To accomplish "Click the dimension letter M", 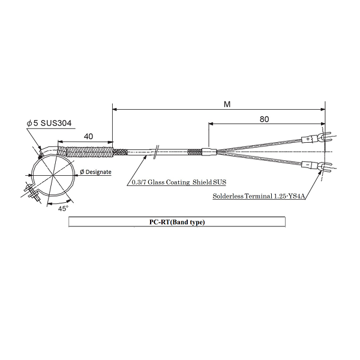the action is point(227,104).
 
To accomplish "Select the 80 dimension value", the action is point(264,119).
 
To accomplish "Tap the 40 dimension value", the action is point(88,136).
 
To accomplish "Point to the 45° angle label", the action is point(63,209).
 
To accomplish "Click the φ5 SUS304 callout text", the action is point(49,123).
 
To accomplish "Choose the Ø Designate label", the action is point(95,172).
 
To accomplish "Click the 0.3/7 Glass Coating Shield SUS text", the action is point(179,182).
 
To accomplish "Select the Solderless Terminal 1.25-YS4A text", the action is point(259,196).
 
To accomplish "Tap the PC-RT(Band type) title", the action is point(177,222).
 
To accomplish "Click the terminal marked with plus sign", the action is point(308,139).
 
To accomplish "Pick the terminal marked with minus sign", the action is point(307,164).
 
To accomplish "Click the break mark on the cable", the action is point(156,152).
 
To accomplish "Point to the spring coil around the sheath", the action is point(85,152).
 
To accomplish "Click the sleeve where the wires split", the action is point(209,152).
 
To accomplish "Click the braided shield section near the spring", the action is point(121,152).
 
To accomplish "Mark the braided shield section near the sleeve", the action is point(195,152).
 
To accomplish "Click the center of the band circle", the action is point(53,175).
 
